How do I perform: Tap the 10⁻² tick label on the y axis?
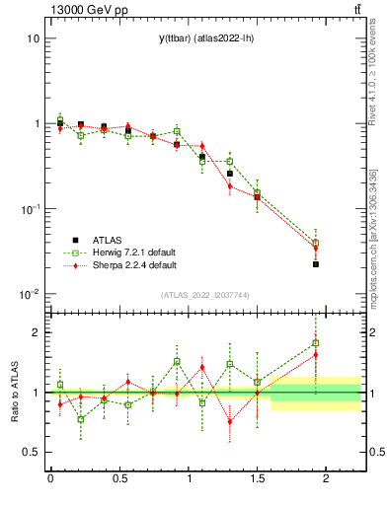pos(28,294)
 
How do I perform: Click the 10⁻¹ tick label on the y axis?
pos(28,209)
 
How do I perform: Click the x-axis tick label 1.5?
pos(257,478)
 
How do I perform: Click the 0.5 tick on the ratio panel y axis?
pos(32,452)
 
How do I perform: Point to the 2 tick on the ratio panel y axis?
pos(36,332)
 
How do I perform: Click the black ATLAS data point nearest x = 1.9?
pos(316,264)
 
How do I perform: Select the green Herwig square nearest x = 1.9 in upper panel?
pos(316,243)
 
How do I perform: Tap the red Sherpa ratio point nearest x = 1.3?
pos(230,421)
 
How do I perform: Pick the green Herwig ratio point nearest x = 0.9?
pos(177,361)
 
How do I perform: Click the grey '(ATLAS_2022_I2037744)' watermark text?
pos(204,295)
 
